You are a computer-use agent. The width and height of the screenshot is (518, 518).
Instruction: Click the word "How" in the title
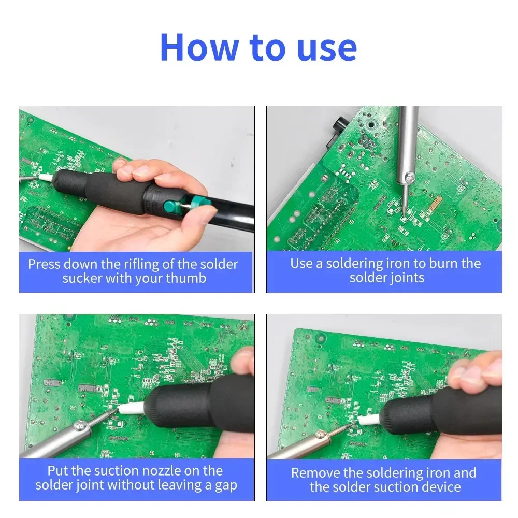point(199,47)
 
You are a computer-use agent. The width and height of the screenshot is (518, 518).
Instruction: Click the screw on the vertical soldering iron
point(410,178)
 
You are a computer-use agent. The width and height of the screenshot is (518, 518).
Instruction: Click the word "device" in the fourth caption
point(442,487)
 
